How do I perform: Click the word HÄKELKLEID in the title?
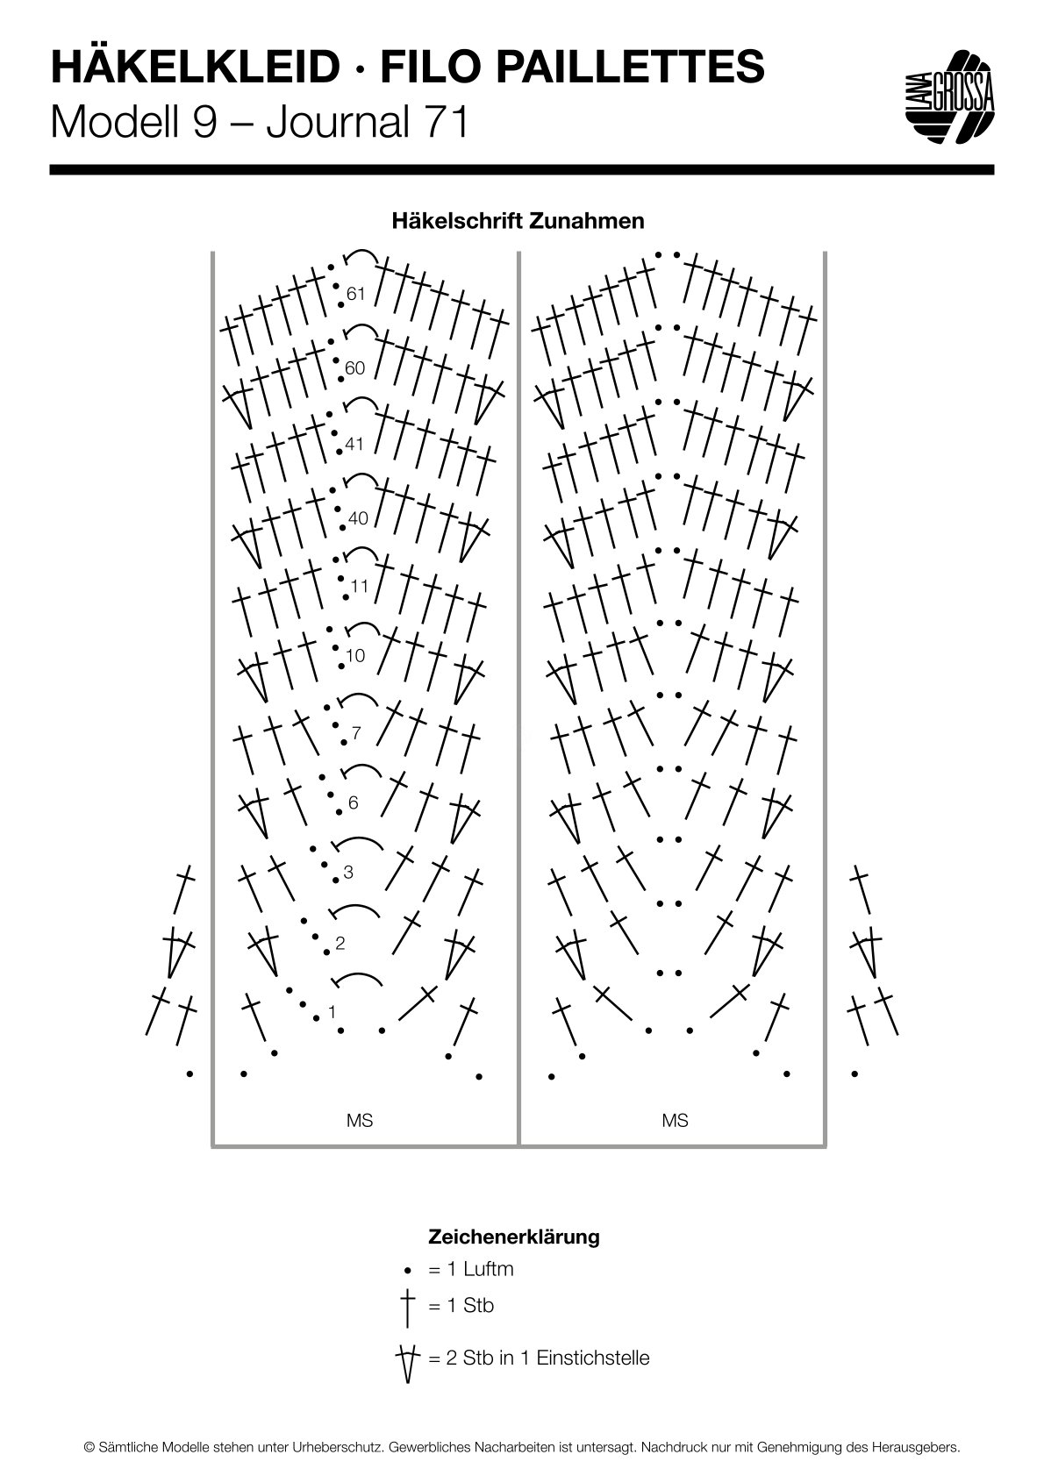195,68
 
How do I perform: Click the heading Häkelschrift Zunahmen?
518,221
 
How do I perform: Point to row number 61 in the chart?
356,294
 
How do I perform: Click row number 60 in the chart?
355,367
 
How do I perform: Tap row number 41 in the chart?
354,444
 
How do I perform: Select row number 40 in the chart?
358,518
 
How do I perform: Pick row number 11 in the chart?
359,586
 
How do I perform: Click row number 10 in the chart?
355,656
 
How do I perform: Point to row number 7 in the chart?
356,732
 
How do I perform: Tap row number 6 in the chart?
354,802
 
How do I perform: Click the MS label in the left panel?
359,1120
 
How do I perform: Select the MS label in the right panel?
675,1120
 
